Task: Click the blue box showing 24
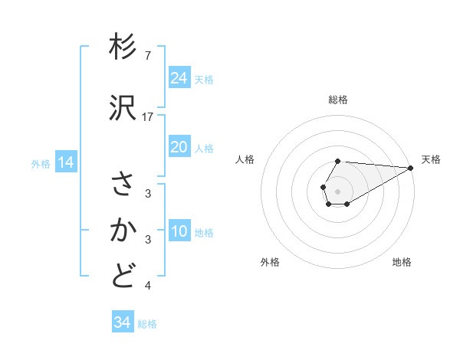coord(179,78)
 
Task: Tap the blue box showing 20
coord(179,147)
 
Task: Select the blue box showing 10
coord(179,231)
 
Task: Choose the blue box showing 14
coord(66,162)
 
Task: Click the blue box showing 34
coord(123,322)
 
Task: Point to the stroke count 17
coord(149,117)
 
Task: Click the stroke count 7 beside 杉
coord(148,56)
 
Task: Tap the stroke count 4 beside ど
coord(148,286)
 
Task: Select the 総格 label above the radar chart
coord(338,100)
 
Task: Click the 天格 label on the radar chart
coord(431,159)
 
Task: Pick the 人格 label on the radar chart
coord(245,159)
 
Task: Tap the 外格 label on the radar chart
coord(270,262)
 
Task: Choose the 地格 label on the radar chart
coord(402,262)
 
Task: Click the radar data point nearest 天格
coord(411,168)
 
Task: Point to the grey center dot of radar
coord(338,191)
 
